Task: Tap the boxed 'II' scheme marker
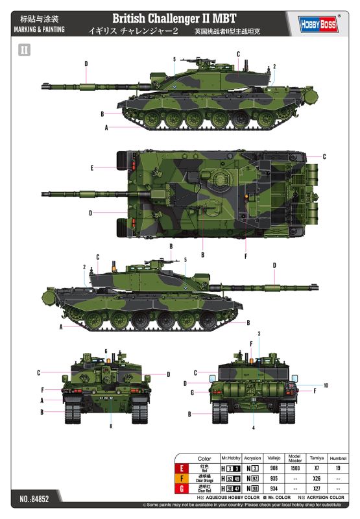click(25, 49)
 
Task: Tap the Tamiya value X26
click(317, 478)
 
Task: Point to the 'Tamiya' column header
click(317, 459)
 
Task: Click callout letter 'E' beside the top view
click(93, 168)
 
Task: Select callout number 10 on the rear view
click(326, 385)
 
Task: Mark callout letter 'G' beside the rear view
click(193, 392)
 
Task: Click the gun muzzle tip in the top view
click(44, 193)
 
